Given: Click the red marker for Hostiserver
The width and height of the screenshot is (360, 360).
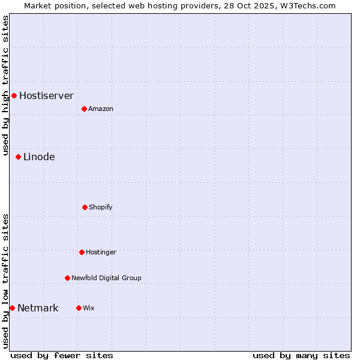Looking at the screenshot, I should (14, 95).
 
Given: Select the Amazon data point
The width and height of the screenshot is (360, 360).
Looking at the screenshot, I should (84, 109).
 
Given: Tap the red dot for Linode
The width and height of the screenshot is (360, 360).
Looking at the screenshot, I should (18, 157).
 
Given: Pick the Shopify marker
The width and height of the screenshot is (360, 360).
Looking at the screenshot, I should (85, 207).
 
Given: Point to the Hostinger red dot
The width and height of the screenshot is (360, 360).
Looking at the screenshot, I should (82, 252).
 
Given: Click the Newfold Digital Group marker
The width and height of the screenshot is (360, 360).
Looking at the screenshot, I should (67, 278).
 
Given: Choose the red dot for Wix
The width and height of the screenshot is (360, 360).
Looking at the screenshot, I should (79, 308).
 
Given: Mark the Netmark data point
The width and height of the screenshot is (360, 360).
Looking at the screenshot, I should (12, 308).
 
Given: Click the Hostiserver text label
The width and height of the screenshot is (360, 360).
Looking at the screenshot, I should (46, 95).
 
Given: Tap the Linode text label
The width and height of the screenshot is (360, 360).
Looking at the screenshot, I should (39, 157).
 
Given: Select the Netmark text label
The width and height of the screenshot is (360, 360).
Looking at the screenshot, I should (38, 308).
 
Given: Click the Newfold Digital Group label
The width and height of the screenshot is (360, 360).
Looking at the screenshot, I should (106, 278).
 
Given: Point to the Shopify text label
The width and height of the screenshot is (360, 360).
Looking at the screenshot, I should (100, 207).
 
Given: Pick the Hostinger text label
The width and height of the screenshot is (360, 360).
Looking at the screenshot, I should (101, 252).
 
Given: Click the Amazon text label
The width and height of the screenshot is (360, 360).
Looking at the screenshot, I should (100, 109).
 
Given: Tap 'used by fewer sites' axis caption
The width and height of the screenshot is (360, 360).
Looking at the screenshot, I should (62, 355).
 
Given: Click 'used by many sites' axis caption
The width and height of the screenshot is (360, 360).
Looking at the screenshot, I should (301, 355).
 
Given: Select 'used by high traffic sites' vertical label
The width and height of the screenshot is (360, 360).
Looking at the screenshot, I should (5, 85).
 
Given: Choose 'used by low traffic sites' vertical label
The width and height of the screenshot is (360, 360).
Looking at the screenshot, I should (5, 281).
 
